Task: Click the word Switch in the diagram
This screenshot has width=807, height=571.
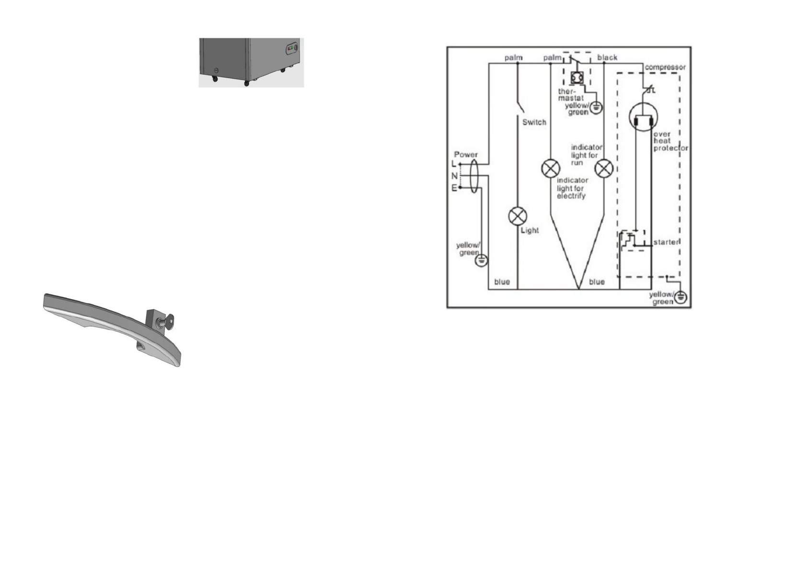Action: pos(534,122)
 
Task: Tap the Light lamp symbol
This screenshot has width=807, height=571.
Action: pos(518,216)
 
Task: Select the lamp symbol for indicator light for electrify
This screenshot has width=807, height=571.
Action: pos(550,168)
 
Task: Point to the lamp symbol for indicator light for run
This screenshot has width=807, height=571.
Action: pos(604,168)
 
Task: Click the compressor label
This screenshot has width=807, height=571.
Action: pos(665,67)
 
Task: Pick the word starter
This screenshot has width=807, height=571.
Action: pos(666,242)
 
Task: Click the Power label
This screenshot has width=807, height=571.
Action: pos(466,154)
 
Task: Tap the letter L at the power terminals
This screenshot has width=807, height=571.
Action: pos(454,164)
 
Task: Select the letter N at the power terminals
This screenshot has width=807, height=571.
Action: pos(454,176)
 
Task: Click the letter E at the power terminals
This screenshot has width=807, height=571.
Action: pos(454,188)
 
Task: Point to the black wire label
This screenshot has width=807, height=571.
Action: pos(607,58)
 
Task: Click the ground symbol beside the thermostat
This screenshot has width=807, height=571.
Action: pos(596,107)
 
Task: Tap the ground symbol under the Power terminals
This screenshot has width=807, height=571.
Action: pos(482,260)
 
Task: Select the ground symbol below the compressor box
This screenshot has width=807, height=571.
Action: pos(680,298)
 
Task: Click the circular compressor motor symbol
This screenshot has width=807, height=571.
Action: pos(643,117)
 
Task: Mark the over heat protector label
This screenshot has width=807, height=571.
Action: pos(670,141)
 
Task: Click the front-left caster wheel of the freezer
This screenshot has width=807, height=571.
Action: pos(215,79)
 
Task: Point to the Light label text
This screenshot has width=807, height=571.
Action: pos(530,231)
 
